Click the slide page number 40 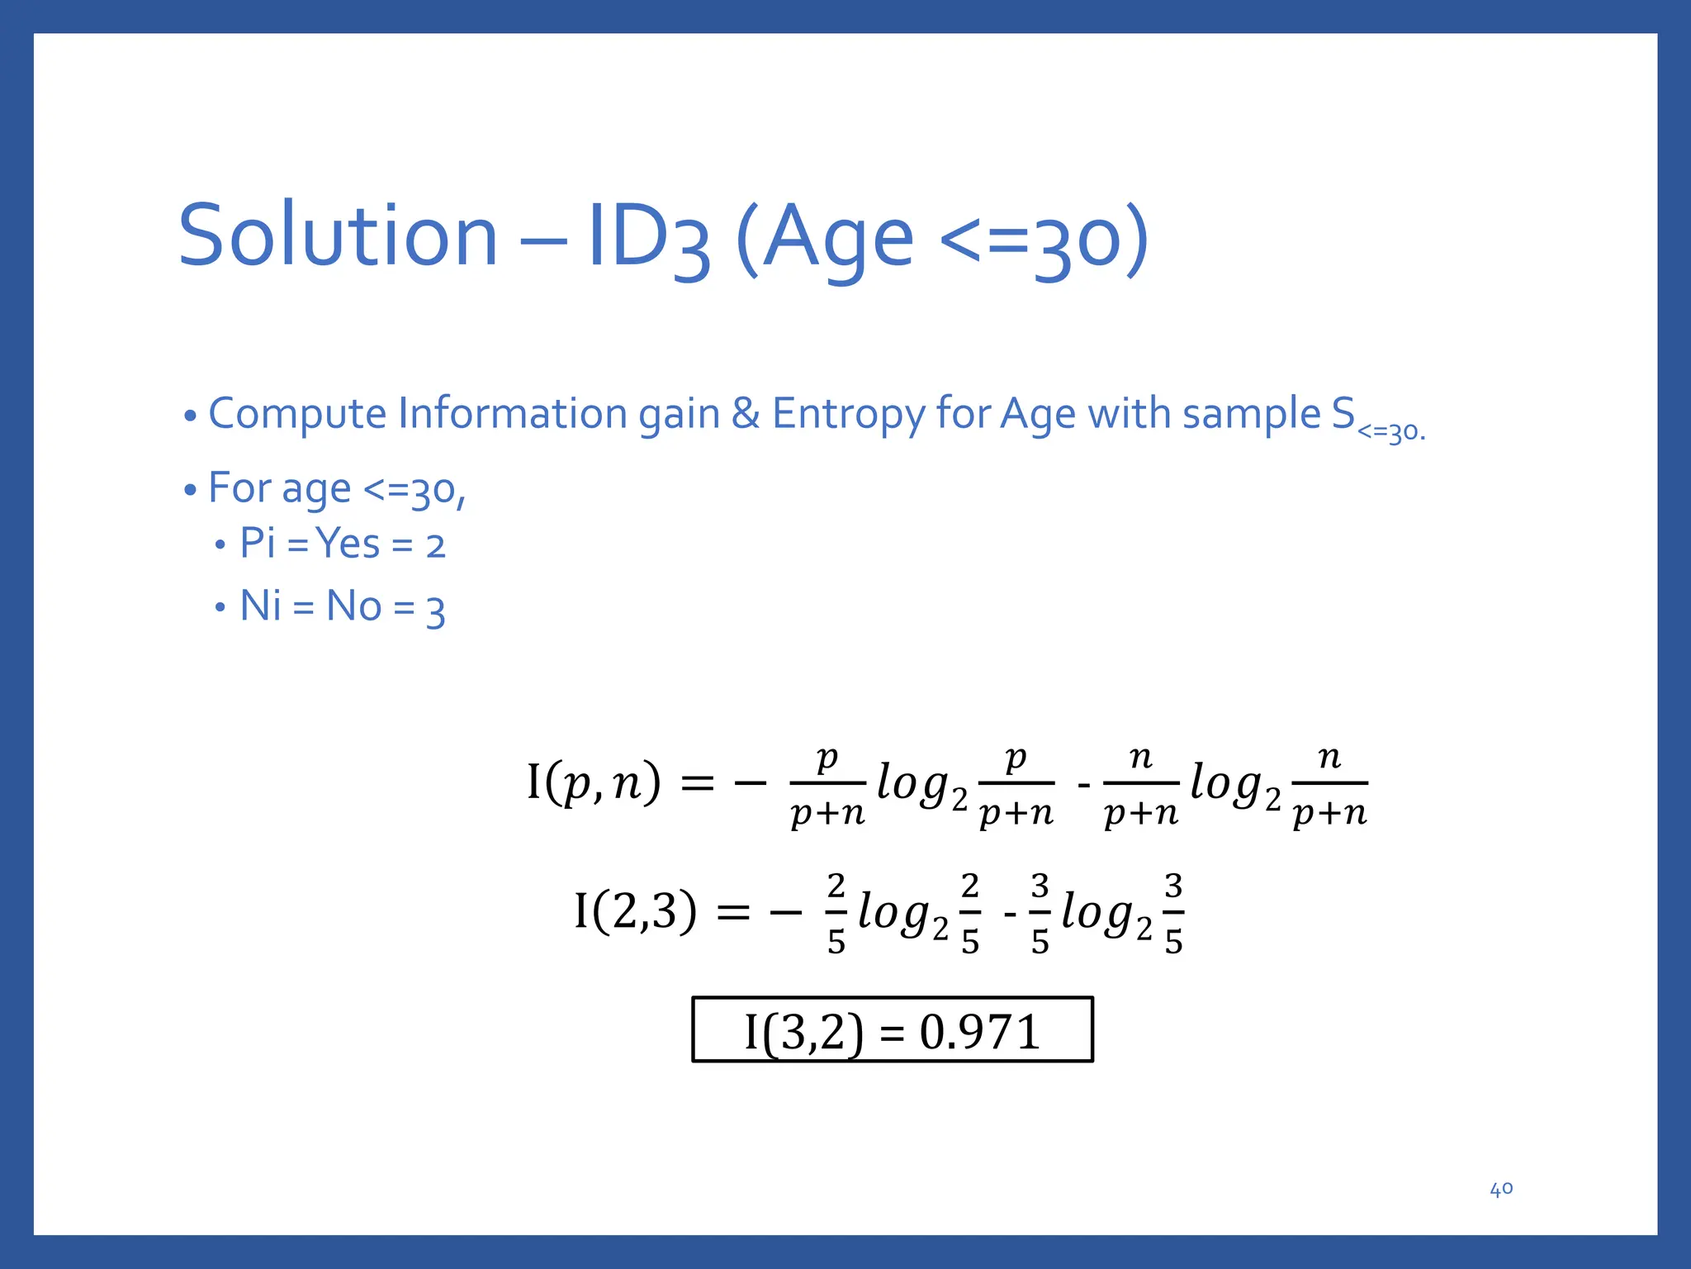pos(1501,1189)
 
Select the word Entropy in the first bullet pos(848,414)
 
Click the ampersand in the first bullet pos(746,414)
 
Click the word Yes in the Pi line pos(348,544)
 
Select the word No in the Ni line pos(353,606)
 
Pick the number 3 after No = pos(436,611)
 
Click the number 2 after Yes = pos(435,547)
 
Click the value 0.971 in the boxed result pos(979,1032)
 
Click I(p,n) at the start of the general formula pos(594,782)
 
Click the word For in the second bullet pos(239,487)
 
